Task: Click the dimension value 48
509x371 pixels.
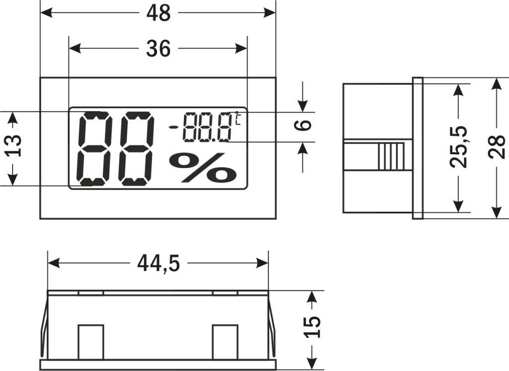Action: [158, 13]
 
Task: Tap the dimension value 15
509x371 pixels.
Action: [313, 326]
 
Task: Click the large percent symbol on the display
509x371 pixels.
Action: [202, 167]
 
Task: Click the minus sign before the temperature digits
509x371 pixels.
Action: [173, 127]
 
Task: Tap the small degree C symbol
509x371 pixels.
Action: [238, 118]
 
